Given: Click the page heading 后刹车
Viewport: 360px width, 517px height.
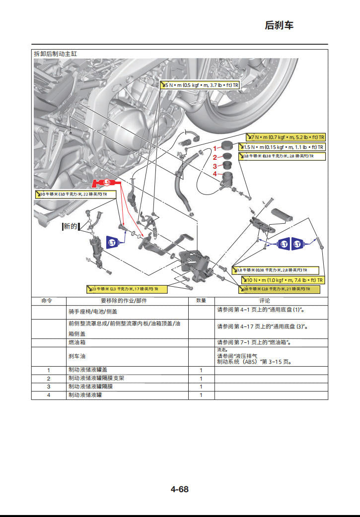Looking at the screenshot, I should tap(279, 25).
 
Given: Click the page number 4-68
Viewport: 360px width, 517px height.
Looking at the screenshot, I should tap(180, 489).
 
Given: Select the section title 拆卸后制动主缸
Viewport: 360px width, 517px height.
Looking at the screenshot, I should tap(55, 54).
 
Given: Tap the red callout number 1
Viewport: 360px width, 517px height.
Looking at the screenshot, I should tap(215, 148).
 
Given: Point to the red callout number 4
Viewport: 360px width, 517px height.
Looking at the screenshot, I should tap(215, 174).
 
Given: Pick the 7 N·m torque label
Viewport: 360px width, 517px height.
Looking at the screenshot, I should tap(287, 137).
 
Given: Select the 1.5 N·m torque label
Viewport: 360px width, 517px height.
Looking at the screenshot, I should tap(282, 147).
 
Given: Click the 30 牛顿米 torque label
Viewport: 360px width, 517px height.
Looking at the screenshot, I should tap(74, 194).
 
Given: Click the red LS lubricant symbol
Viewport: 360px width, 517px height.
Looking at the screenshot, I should tap(105, 183).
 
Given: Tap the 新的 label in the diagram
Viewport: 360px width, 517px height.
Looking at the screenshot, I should tap(70, 226).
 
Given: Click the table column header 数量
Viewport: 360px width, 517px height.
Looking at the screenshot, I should tap(201, 301).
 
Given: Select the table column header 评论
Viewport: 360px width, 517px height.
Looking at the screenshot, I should tap(265, 301).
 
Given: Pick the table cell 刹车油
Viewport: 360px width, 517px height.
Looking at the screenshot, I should tap(77, 356).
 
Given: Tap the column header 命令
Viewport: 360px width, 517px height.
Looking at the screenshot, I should tap(47, 301).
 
